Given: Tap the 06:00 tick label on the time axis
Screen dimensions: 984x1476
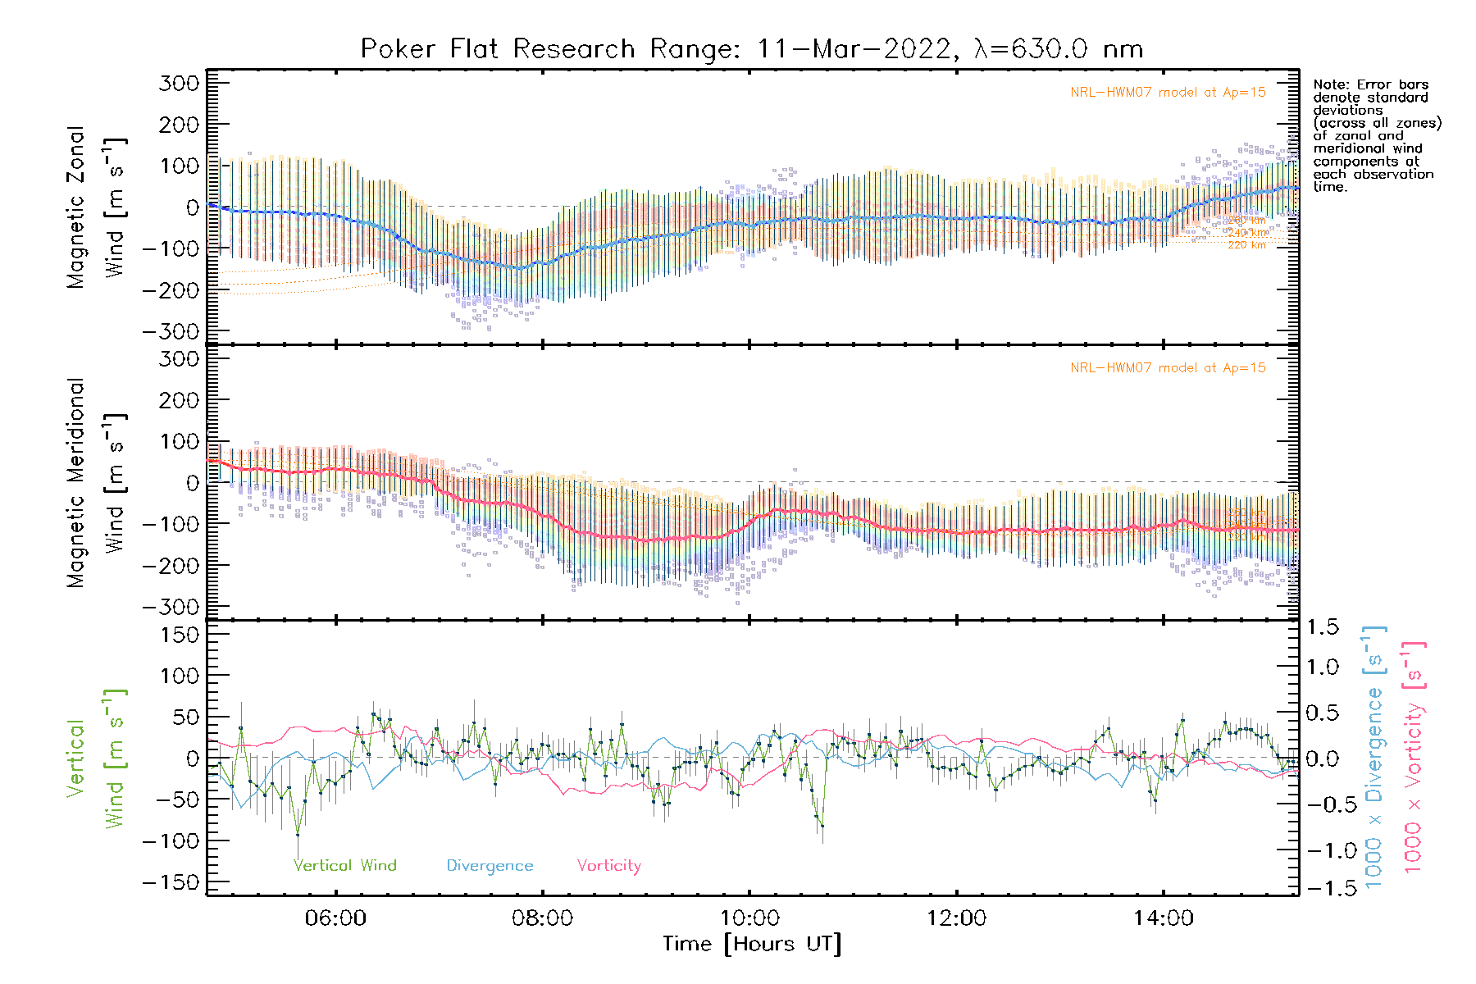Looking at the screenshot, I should (335, 918).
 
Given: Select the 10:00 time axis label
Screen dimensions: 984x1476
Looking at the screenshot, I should (749, 918).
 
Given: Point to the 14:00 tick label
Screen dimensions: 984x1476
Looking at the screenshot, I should (1164, 918).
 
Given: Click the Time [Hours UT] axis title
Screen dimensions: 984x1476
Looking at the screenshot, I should (752, 945).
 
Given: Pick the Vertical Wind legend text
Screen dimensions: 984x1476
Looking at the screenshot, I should (345, 866).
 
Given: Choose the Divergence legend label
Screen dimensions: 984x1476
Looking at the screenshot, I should (490, 866).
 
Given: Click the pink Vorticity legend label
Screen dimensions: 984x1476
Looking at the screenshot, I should (608, 866).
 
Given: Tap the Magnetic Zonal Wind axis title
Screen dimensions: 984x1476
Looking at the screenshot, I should (97, 207).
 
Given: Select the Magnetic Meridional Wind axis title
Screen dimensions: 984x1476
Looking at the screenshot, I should (97, 483).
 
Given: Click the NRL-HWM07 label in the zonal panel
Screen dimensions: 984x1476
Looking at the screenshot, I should (1168, 93).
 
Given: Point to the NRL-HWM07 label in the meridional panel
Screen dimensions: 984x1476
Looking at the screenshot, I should (1168, 368).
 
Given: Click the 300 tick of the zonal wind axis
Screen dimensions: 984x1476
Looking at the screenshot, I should (180, 83).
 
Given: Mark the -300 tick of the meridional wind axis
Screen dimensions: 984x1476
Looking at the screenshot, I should (171, 607).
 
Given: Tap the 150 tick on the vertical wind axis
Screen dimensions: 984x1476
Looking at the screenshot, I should (180, 634).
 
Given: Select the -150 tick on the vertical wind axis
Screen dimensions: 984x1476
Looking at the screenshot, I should (171, 882).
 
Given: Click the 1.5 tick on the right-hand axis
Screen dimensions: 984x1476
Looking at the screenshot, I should (1323, 627).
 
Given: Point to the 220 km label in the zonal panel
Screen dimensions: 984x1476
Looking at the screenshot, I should (1246, 245).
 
